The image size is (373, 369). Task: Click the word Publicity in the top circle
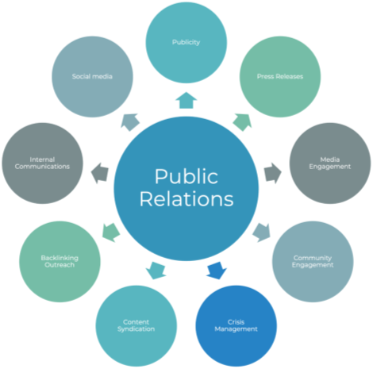coord(186,42)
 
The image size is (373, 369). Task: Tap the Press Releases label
coord(280,76)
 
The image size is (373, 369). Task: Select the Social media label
coord(92,76)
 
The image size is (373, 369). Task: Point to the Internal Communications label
coord(42,163)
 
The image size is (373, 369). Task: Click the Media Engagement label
coord(330,163)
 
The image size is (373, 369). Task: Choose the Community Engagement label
coord(313,261)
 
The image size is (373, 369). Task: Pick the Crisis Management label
coord(236,325)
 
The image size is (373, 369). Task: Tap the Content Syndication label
coord(136,325)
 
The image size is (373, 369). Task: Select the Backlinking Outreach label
coord(60,261)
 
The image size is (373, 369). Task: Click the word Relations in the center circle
coord(186,199)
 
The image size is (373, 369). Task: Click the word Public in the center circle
coord(186,176)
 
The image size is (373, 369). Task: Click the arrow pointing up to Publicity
coord(186,100)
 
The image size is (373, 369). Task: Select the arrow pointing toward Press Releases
coord(242,122)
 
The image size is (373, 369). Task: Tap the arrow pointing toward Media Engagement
coord(273,173)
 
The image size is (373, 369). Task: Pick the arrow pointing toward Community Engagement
coord(262,233)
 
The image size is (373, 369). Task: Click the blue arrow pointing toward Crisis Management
coord(217,270)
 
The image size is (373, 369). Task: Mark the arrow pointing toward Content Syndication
coord(156,270)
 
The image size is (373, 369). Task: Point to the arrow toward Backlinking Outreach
coord(111,233)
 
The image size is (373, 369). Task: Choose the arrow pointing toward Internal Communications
coord(100,173)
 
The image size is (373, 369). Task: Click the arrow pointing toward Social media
coord(130,122)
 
